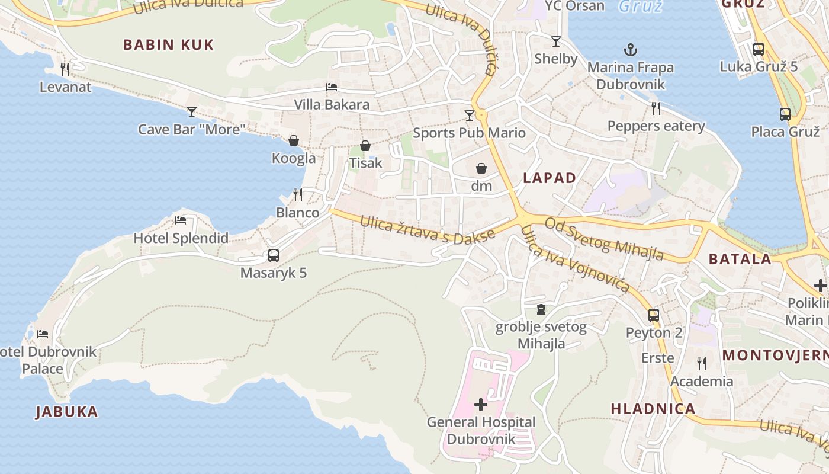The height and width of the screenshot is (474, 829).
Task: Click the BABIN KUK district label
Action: click(x=168, y=45)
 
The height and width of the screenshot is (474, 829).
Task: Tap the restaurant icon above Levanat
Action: click(x=65, y=69)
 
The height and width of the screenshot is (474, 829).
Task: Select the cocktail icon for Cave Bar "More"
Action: click(x=192, y=111)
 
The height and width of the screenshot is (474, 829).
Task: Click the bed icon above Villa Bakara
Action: click(x=332, y=87)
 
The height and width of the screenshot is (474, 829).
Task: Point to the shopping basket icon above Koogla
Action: click(x=293, y=140)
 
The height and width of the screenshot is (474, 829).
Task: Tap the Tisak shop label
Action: click(x=365, y=163)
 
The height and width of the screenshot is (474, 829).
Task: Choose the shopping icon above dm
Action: click(x=481, y=168)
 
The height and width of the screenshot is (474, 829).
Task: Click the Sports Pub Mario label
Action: click(x=469, y=133)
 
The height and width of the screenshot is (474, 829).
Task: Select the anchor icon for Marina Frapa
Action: click(x=631, y=50)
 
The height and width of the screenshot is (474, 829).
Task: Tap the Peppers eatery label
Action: click(x=656, y=126)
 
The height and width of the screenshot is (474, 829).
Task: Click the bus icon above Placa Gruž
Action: click(x=785, y=114)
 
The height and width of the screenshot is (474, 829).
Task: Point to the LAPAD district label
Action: click(x=550, y=178)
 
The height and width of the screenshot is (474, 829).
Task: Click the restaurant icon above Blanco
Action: click(x=298, y=194)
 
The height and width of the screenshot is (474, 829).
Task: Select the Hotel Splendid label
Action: click(x=181, y=238)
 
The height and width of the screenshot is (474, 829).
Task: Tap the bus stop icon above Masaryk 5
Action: click(x=273, y=255)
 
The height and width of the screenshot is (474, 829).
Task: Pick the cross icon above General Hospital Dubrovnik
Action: click(x=481, y=405)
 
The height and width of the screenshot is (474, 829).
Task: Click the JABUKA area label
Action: click(x=66, y=412)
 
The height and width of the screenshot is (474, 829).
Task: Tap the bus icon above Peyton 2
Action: click(x=654, y=315)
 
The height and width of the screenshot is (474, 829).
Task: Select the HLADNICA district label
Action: click(x=653, y=409)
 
